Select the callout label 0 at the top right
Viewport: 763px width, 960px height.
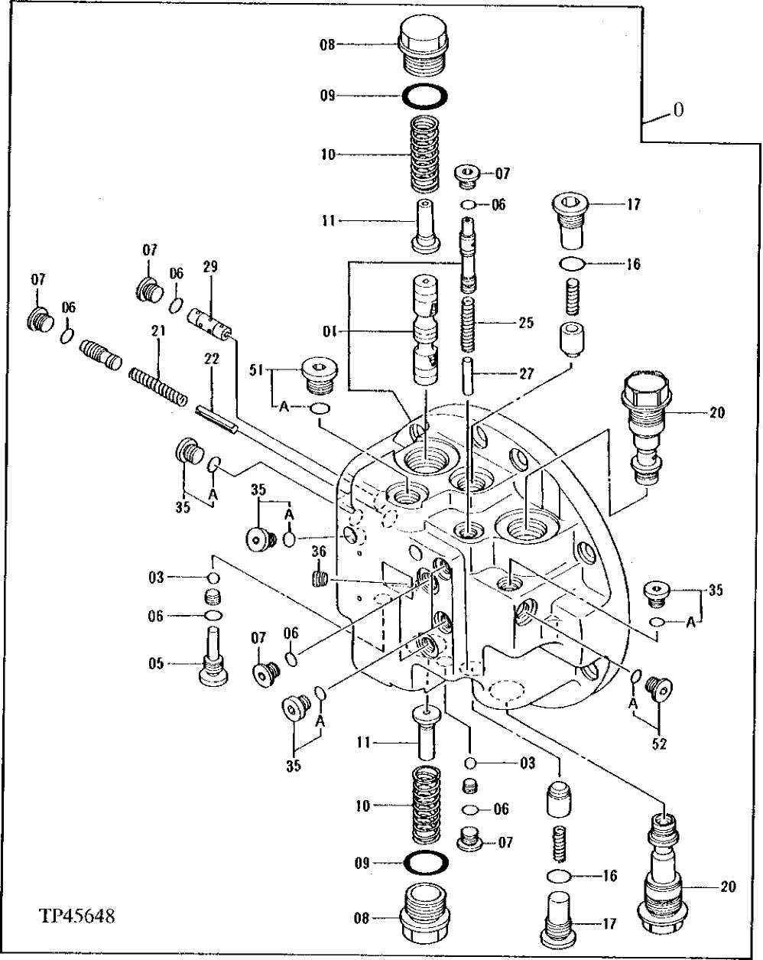point(677,110)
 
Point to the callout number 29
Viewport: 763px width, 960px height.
point(210,267)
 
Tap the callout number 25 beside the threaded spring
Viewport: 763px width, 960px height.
point(525,322)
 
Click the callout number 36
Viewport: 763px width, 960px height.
point(319,552)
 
